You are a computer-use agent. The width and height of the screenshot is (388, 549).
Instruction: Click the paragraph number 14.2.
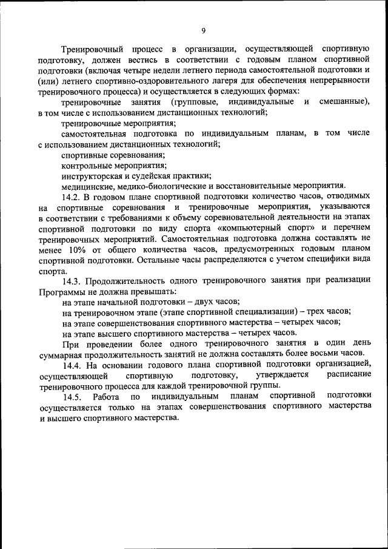(72, 197)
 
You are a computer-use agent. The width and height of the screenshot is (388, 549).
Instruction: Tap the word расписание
(348, 375)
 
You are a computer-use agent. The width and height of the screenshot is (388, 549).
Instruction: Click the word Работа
(107, 396)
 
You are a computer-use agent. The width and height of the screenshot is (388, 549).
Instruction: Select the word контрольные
(85, 164)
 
